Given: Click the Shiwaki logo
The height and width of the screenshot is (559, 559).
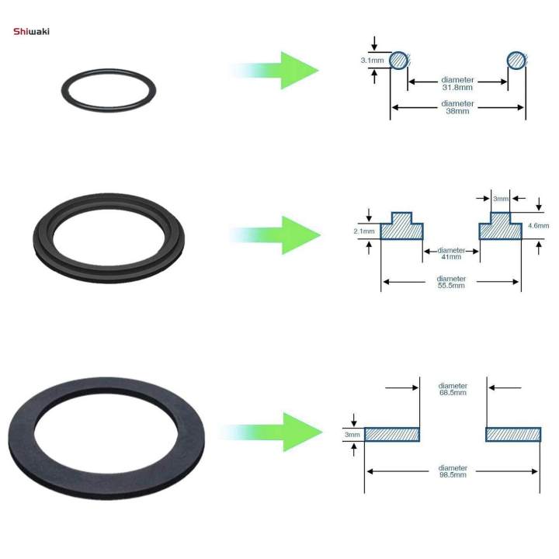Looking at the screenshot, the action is tap(32, 32).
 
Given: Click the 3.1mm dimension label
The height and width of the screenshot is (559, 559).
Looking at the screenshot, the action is tap(373, 59).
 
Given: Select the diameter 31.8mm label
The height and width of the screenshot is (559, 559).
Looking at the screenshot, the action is tap(457, 84).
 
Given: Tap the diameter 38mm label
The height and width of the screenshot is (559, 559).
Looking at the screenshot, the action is tap(457, 107).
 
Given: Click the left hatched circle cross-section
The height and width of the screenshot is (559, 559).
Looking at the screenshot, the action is tap(398, 60).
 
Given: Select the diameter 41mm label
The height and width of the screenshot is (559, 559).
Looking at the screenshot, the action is tap(451, 255).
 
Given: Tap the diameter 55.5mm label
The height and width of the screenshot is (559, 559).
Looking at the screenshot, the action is tap(450, 282).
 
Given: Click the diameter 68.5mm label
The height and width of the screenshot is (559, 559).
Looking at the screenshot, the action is tap(453, 389).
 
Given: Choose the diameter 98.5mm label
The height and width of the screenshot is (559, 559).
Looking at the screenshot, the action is tap(453, 471).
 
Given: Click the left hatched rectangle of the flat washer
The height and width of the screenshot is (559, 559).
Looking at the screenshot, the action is tap(392, 434).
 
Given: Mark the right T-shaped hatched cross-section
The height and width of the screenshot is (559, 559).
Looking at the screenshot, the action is tap(500, 227).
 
